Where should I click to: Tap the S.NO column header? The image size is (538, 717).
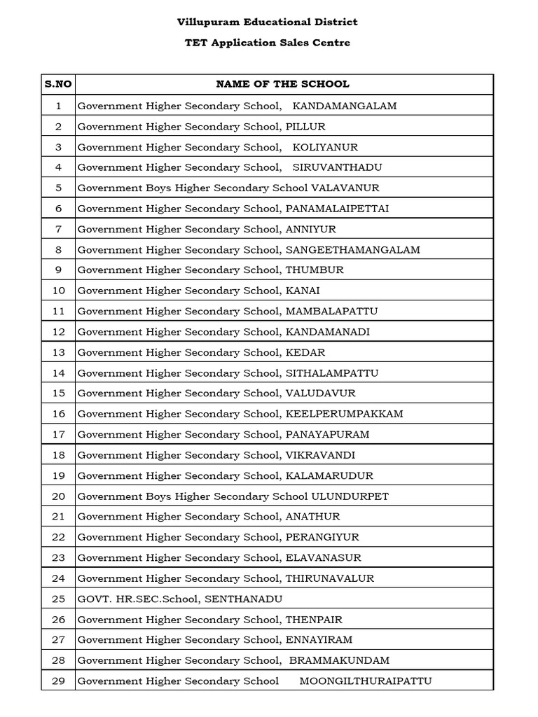[58, 84]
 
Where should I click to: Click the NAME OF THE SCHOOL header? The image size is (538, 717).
[282, 84]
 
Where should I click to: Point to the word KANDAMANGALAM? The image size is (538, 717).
[344, 106]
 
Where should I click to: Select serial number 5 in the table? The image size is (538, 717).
[59, 188]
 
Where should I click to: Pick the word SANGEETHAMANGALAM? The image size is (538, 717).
[352, 249]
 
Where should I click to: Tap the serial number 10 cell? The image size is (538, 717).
[59, 291]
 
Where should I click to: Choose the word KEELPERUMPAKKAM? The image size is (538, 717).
[344, 414]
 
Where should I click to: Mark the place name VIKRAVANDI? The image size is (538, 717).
[320, 455]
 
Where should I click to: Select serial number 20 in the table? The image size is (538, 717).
[59, 496]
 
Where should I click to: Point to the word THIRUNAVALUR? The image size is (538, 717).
[329, 578]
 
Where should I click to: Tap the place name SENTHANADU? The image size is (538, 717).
[243, 599]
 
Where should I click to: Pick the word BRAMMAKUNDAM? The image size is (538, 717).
[339, 660]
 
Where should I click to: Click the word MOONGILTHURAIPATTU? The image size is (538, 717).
[366, 681]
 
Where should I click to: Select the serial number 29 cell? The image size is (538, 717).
[59, 681]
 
